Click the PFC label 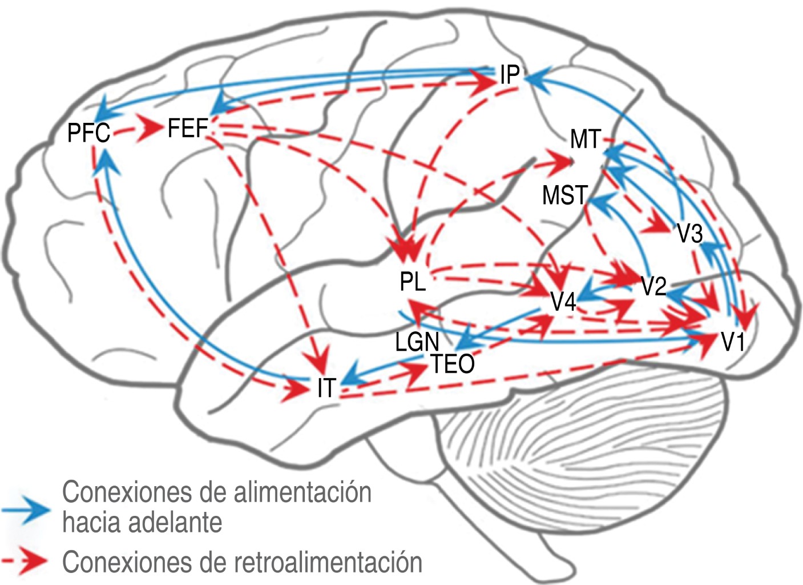click(x=88, y=133)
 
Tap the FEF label click(x=187, y=129)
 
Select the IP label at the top click(x=510, y=75)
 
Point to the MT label click(x=586, y=139)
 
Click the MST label click(x=564, y=195)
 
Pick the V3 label click(x=689, y=233)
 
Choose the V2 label click(x=653, y=286)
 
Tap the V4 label click(x=563, y=302)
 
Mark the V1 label click(x=733, y=342)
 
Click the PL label click(x=413, y=282)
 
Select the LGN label click(x=417, y=342)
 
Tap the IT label click(x=326, y=388)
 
